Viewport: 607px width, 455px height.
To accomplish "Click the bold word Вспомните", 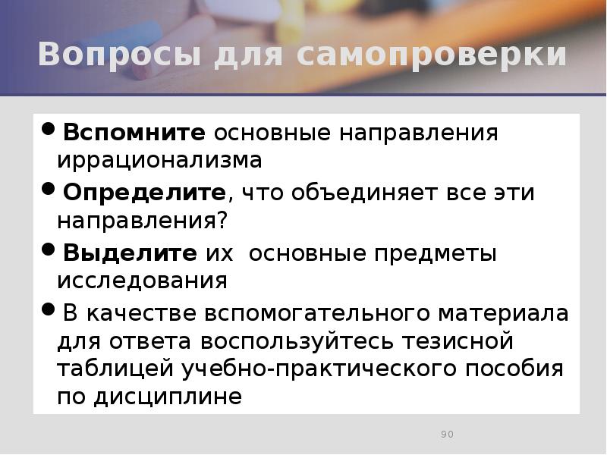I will (x=134, y=133).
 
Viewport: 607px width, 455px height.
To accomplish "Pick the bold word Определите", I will (x=144, y=193).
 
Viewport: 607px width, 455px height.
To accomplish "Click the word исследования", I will (x=142, y=281).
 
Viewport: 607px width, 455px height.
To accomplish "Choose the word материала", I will (x=501, y=313).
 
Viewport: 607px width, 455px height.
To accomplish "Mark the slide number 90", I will (x=447, y=435).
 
